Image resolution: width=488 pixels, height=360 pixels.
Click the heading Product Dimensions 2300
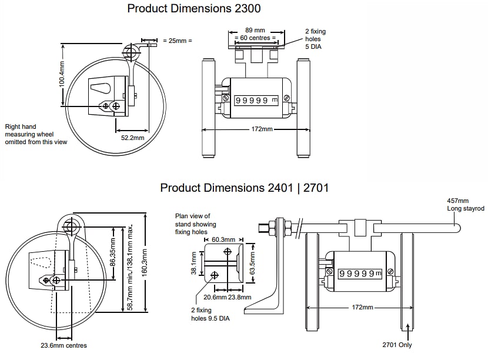pos(194,8)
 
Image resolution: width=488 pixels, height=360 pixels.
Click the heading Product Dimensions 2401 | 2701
pos(244,188)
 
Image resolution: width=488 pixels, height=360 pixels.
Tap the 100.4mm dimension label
pos(61,75)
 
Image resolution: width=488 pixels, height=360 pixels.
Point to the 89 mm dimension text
pos(255,29)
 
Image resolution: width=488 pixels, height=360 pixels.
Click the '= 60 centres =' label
pos(255,38)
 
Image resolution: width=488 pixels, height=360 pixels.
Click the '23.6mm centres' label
pos(64,345)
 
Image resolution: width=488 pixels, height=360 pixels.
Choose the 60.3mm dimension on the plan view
pos(223,240)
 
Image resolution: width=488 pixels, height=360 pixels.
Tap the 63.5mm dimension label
pos(253,264)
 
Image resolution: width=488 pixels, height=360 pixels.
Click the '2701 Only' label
pos(397,345)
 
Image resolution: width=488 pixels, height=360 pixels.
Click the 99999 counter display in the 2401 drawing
pos(359,274)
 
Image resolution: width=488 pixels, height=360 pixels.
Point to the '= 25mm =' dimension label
pos(177,41)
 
